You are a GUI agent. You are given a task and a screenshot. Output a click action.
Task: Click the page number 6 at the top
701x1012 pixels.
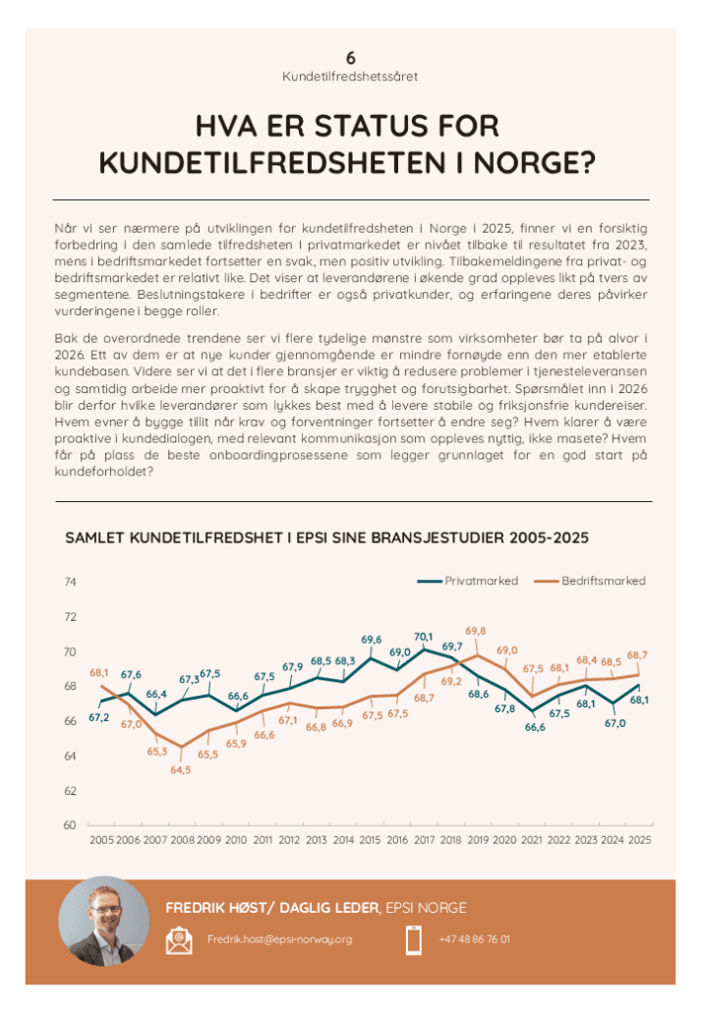(x=350, y=57)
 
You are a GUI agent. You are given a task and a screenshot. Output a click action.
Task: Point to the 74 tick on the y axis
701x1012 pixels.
(x=70, y=583)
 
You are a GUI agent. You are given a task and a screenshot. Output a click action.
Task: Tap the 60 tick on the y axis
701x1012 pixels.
(x=70, y=825)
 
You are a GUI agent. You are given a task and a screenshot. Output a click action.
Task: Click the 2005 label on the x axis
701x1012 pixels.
(x=101, y=841)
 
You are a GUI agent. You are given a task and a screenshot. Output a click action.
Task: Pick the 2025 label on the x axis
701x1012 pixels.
(x=639, y=841)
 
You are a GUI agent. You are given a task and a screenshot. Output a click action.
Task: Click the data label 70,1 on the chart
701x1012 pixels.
(x=424, y=636)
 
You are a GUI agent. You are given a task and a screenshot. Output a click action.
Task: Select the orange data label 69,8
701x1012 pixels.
(x=477, y=630)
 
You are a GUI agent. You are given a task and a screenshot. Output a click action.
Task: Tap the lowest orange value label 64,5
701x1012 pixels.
(x=181, y=769)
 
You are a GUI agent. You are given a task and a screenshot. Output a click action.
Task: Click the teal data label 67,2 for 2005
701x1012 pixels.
(x=99, y=717)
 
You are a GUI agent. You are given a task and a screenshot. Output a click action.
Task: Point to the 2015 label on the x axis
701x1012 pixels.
(x=371, y=841)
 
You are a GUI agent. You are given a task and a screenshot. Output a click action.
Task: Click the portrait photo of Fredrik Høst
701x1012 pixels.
(x=96, y=921)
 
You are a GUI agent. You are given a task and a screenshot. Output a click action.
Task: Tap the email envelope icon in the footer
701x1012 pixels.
(x=179, y=940)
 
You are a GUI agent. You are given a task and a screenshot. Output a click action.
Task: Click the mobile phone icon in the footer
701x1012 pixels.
(x=414, y=940)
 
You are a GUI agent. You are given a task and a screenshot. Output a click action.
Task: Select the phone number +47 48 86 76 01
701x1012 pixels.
(x=474, y=940)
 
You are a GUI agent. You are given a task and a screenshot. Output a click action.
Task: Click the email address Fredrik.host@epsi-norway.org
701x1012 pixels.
(x=279, y=940)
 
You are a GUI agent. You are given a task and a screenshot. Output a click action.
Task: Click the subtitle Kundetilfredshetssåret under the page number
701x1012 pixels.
(x=350, y=76)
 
